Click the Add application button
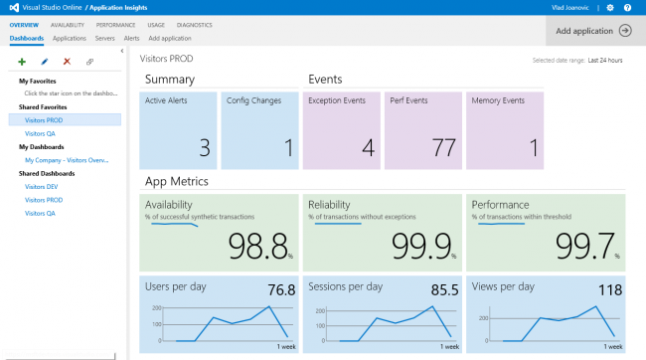pos(594,31)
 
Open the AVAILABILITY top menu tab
pos(67,24)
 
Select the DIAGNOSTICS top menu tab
pos(194,24)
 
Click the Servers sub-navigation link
pos(105,38)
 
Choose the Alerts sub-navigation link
pos(131,38)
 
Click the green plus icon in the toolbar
pos(22,62)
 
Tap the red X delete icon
pos(67,62)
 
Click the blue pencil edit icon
pos(45,62)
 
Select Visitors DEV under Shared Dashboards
pos(41,186)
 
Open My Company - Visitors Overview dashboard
pos(67,159)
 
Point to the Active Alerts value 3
pos(204,148)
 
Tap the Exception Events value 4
pos(367,148)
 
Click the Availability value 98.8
pos(257,245)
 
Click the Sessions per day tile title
pos(345,286)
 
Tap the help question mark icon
pos(627,7)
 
